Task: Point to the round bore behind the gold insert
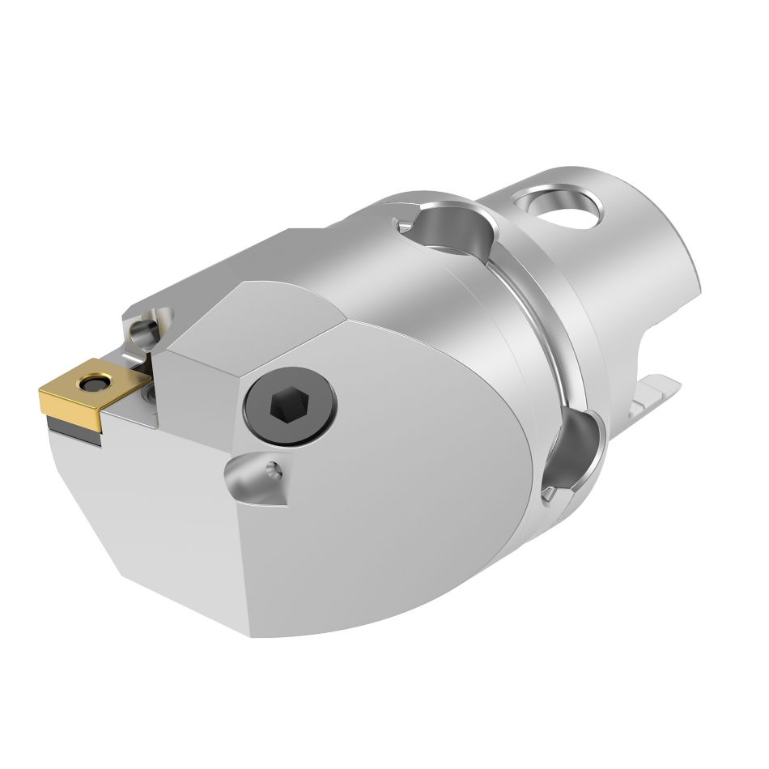point(146,329)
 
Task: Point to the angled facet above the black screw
point(251,324)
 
